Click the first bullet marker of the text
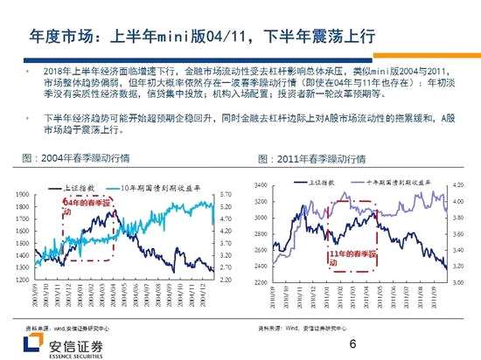click(x=26, y=68)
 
